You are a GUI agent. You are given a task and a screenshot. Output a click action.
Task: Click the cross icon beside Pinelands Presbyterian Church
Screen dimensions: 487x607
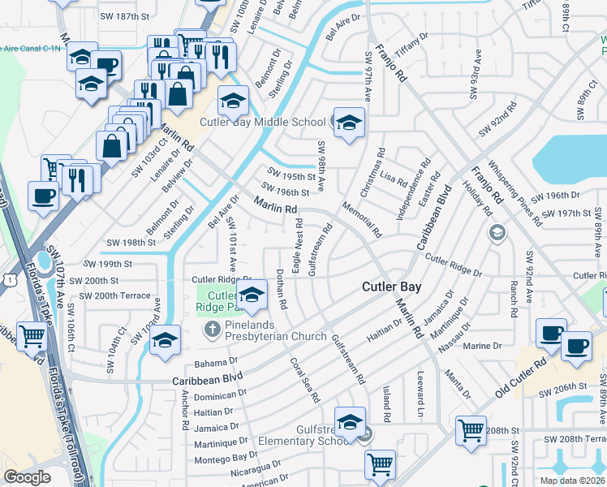click(211, 330)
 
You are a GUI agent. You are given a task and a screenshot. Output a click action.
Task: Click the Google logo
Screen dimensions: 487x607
click(28, 476)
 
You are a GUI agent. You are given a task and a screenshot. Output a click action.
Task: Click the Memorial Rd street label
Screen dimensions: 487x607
click(362, 218)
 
